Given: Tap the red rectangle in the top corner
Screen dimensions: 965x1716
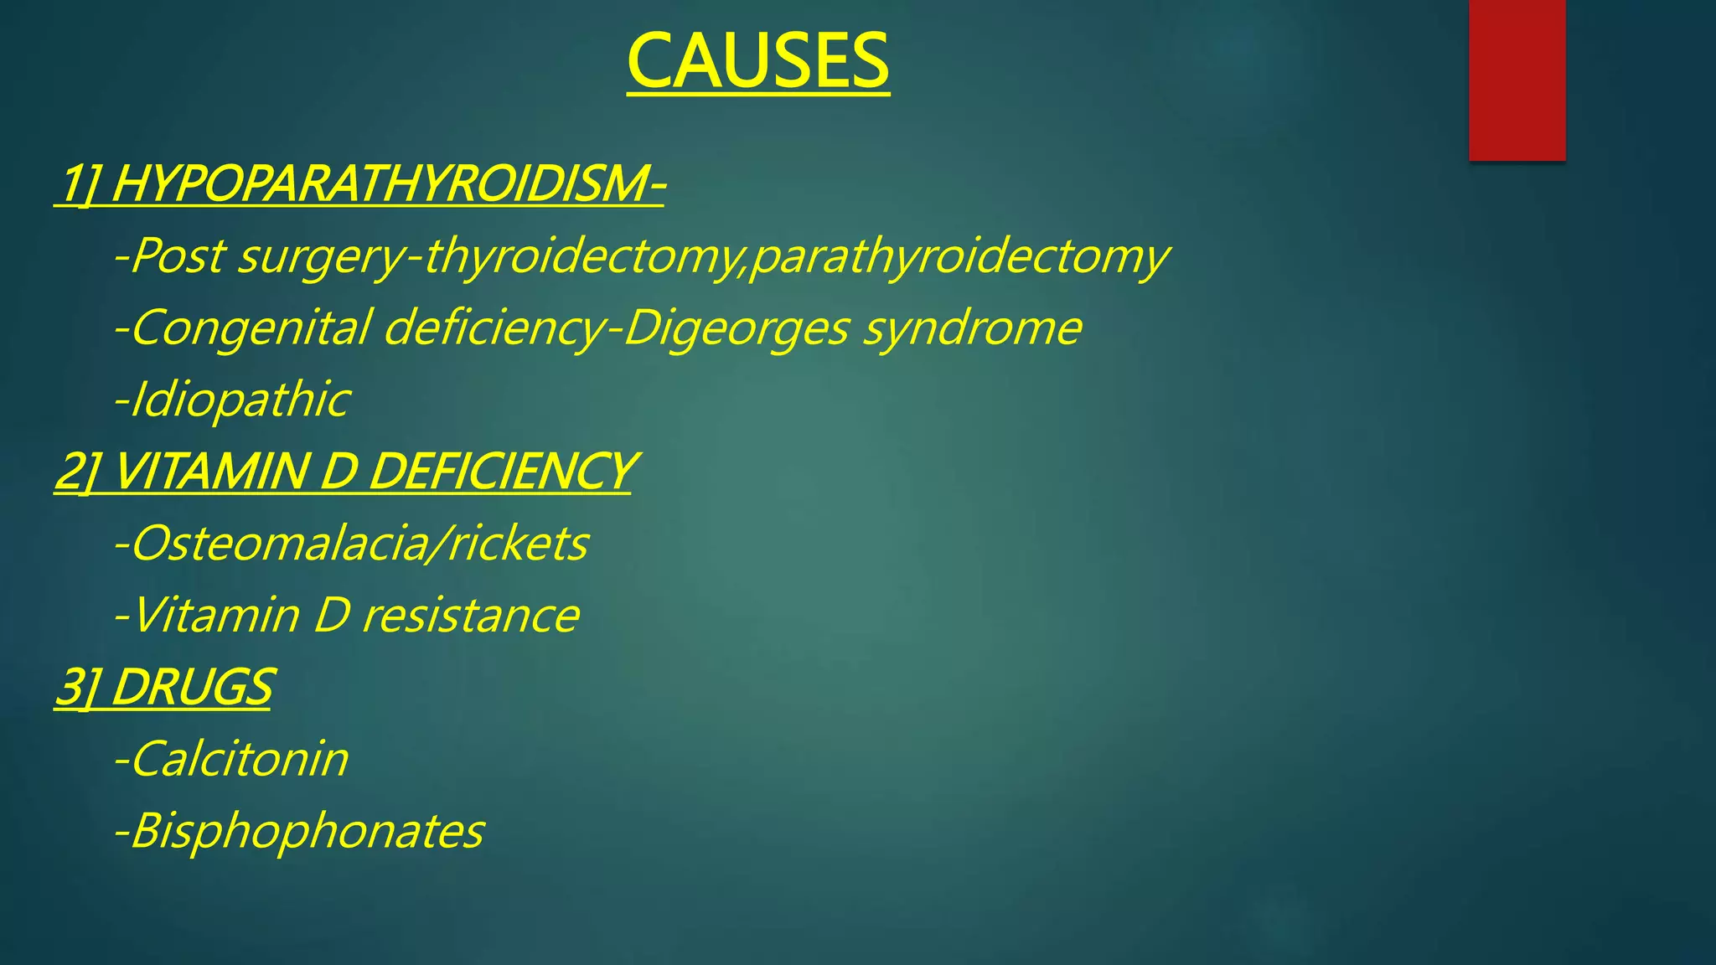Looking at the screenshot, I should click(1517, 80).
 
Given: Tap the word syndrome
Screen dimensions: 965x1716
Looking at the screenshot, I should click(972, 328).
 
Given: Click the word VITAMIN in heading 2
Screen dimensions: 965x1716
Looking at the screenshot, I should click(210, 472).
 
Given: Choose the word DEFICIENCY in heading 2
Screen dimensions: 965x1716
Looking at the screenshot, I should click(500, 472).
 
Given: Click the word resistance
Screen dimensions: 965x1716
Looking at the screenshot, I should click(470, 616).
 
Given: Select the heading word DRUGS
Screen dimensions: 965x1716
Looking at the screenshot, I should click(192, 688).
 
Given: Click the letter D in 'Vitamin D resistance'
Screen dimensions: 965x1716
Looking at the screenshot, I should click(331, 616).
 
